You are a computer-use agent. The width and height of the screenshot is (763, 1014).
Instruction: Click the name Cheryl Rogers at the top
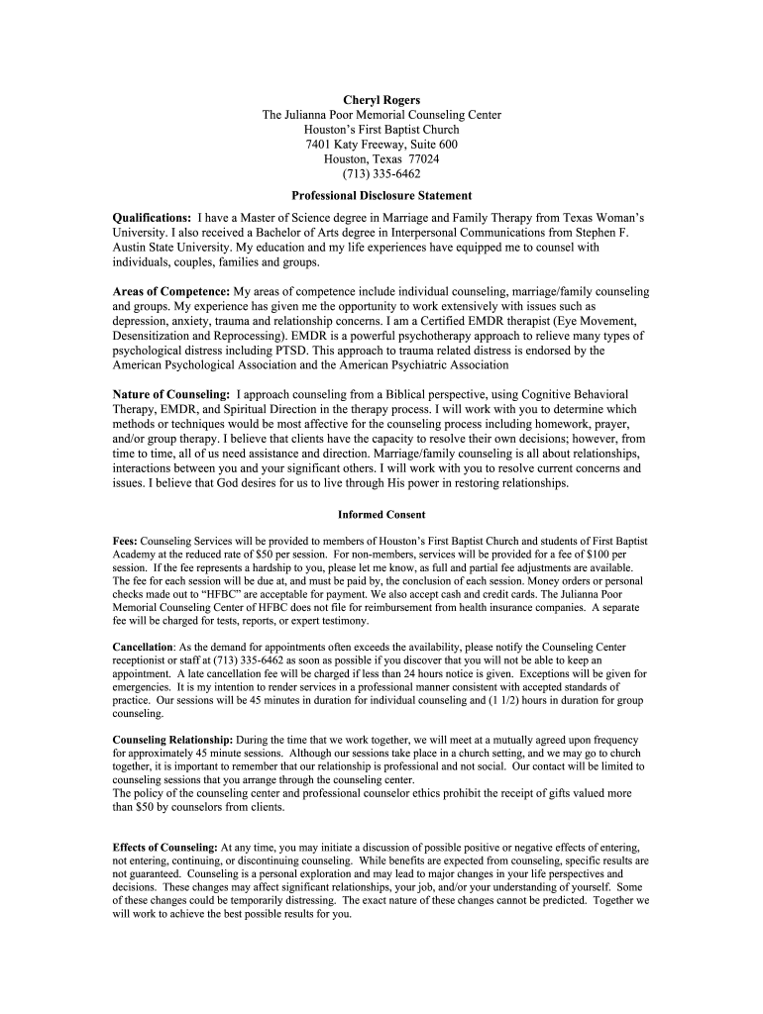(x=381, y=100)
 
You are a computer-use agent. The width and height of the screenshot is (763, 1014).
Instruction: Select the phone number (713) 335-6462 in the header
(x=381, y=174)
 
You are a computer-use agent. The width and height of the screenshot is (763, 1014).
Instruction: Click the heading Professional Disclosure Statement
(x=381, y=196)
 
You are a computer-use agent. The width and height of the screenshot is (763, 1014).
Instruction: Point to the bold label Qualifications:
(x=153, y=217)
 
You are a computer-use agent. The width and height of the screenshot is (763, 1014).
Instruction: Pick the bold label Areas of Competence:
(x=171, y=292)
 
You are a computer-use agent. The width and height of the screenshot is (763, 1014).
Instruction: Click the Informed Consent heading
(x=381, y=515)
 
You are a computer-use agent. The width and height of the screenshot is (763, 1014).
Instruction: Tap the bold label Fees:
(x=126, y=543)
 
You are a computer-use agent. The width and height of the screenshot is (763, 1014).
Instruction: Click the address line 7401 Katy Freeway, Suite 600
(x=381, y=145)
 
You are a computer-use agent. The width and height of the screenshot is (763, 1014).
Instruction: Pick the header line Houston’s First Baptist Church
(x=381, y=130)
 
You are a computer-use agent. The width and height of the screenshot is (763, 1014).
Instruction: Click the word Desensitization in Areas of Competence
(x=162, y=337)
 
